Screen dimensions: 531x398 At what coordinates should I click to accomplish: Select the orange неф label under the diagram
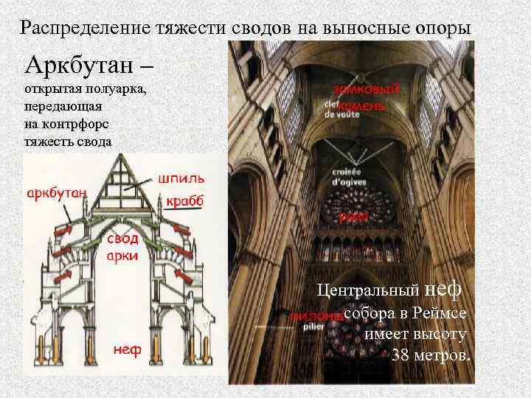pyautogui.click(x=127, y=349)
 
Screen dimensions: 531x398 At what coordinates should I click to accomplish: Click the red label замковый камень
pyautogui.click(x=368, y=97)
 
